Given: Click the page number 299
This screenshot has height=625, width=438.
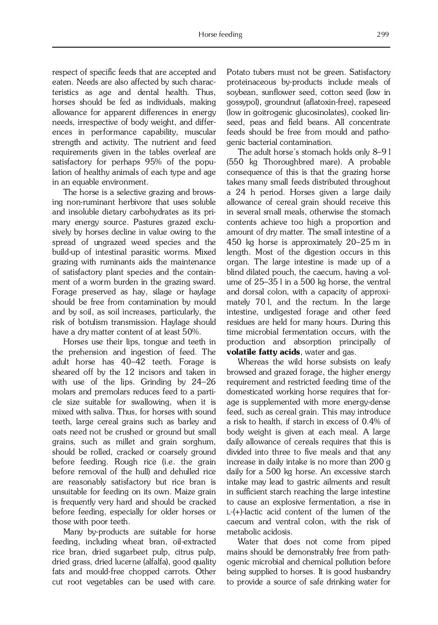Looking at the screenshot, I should (382, 35).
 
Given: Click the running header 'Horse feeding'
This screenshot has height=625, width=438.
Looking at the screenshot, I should (220, 35).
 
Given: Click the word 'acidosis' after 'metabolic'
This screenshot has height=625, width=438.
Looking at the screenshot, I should (277, 532).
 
